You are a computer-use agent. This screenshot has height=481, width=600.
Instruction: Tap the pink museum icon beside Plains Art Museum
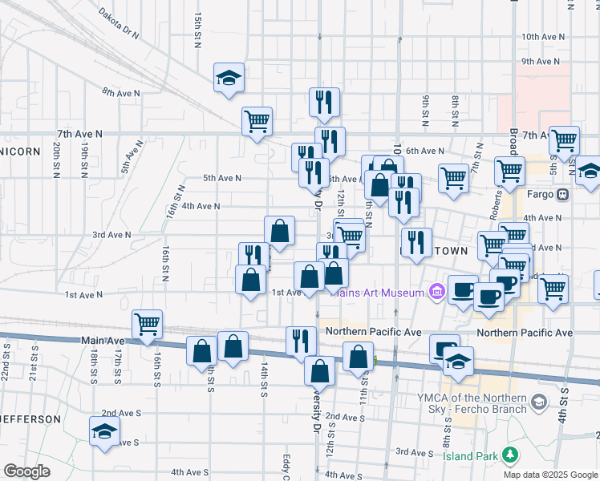[436, 292]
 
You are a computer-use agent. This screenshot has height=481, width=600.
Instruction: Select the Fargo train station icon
[563, 194]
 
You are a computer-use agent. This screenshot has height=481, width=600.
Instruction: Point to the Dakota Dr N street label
[119, 24]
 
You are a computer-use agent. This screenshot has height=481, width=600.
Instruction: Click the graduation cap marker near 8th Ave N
[229, 79]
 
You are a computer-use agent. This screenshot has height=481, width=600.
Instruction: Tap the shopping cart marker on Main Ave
[148, 325]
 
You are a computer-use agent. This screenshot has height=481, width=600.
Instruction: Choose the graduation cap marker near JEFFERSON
[104, 432]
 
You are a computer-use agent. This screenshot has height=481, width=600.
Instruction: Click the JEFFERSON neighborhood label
[30, 419]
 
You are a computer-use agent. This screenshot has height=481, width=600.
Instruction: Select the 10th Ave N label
[543, 37]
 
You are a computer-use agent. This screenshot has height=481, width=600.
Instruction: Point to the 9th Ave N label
[540, 61]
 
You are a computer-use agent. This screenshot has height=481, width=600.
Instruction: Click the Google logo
[26, 471]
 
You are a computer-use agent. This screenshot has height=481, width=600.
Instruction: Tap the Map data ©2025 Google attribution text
[549, 475]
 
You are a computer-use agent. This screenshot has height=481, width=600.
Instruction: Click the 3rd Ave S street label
[415, 453]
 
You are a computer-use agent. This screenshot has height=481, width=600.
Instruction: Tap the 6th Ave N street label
[425, 151]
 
